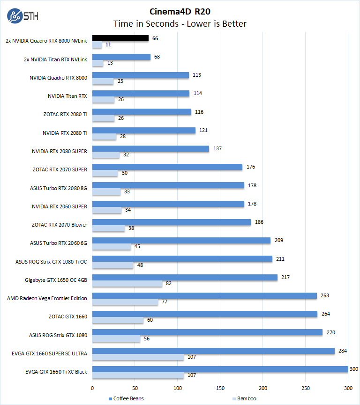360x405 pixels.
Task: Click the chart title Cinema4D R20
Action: tap(180, 11)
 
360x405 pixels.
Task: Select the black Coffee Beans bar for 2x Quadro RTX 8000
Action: tap(120, 38)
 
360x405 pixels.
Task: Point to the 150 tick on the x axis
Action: tap(220, 388)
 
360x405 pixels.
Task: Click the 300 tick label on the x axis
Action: tap(348, 388)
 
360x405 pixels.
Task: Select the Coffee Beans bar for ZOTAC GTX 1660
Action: tap(205, 314)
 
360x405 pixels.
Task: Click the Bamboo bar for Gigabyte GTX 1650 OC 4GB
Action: tap(127, 284)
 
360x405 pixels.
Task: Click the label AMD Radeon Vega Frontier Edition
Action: tap(47, 298)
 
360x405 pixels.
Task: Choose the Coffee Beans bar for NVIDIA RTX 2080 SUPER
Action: tap(150, 148)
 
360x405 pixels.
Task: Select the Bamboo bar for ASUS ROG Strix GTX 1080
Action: tap(116, 339)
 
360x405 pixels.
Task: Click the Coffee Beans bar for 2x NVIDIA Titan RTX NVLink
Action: tap(121, 57)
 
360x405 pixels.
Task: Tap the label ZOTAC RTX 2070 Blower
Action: tap(60, 225)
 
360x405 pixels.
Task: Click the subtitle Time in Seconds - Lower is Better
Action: tap(180, 23)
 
